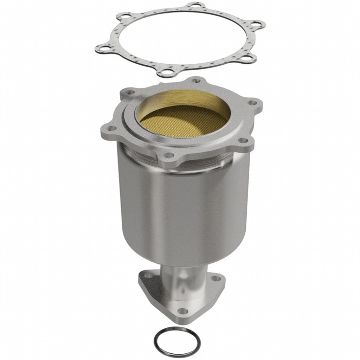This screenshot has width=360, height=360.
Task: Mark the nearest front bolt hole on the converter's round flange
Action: [x=168, y=155]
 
